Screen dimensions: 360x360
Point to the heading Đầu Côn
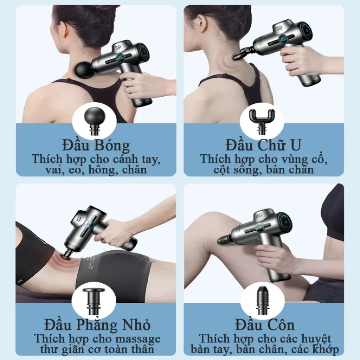[x=263, y=324]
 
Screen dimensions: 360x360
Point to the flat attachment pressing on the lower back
[x=65, y=253]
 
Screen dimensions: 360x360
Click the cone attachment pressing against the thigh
[x=224, y=240]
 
